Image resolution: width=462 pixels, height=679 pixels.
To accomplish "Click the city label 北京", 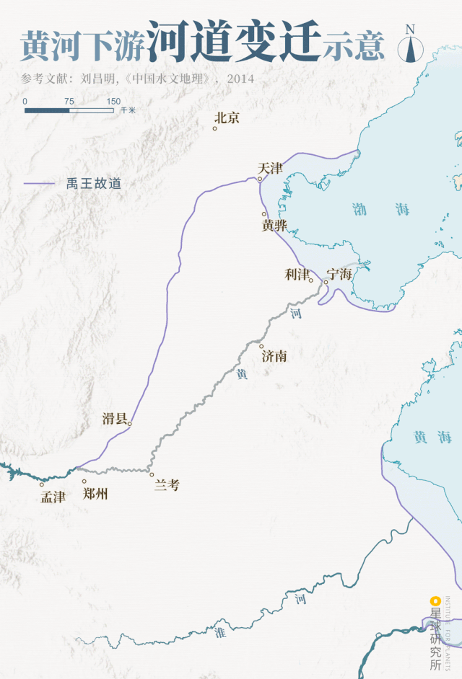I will click(227, 117).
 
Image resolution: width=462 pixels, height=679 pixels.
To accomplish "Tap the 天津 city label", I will click(270, 169).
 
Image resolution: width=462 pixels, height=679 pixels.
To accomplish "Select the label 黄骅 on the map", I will click(274, 226).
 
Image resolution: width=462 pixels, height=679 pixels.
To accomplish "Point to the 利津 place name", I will click(297, 274).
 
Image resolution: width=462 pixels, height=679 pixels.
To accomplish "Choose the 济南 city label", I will click(274, 356).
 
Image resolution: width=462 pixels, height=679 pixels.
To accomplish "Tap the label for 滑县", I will click(115, 419).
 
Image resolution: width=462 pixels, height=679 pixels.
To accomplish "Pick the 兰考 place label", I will click(167, 485).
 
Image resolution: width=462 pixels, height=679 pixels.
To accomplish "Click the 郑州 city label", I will click(95, 494).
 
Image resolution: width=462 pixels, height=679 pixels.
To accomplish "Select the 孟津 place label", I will click(53, 497).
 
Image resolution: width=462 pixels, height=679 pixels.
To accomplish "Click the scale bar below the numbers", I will click(69, 110).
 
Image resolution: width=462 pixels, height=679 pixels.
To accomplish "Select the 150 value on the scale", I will click(113, 102).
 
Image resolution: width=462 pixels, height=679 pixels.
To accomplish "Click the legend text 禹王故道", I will click(94, 184).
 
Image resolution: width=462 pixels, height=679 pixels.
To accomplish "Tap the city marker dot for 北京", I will click(215, 128).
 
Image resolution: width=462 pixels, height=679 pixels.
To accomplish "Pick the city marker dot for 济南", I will click(261, 347).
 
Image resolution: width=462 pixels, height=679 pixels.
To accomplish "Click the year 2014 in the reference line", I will click(240, 79).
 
